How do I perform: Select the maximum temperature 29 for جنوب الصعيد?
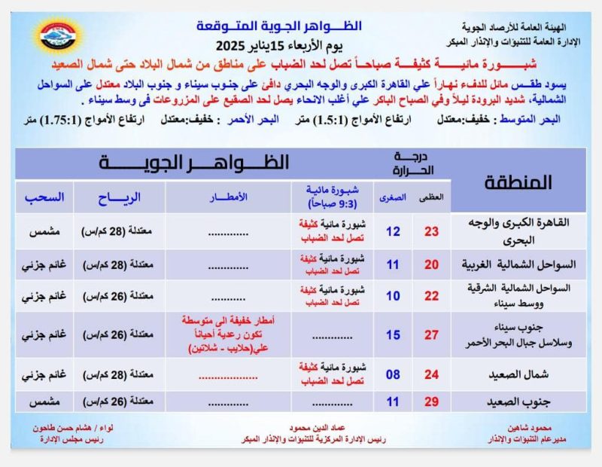point(431,401)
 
